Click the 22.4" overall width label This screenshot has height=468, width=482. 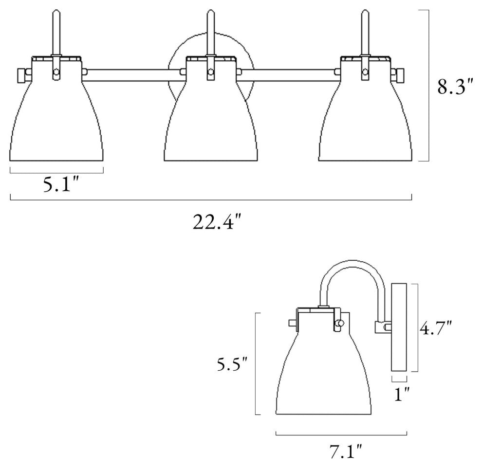[x=217, y=222]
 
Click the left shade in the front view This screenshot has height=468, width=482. [x=56, y=122]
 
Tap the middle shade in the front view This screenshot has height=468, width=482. [x=210, y=122]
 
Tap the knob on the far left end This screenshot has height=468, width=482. [x=21, y=75]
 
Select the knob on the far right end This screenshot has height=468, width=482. [x=399, y=75]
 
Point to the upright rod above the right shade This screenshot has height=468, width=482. [x=364, y=32]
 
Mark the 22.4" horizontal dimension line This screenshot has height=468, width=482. [x=211, y=199]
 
